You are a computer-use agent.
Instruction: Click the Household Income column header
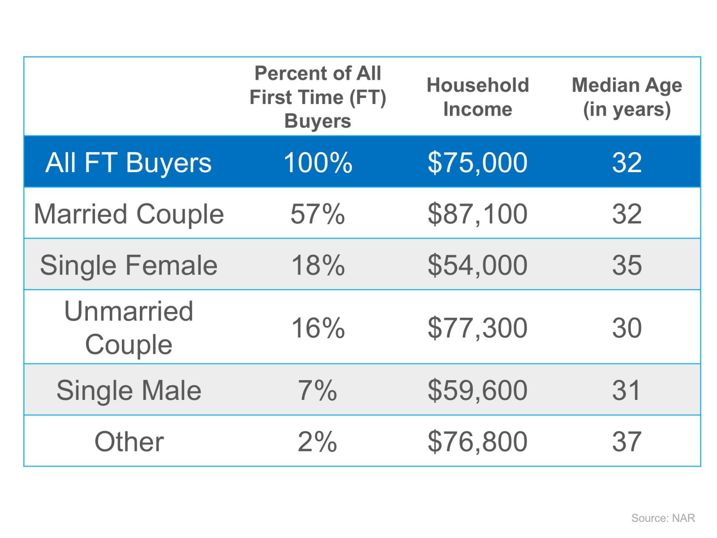tap(478, 97)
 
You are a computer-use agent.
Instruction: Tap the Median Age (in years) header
tap(626, 97)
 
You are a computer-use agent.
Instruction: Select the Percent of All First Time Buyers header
tap(318, 97)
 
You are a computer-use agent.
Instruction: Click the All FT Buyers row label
tap(129, 162)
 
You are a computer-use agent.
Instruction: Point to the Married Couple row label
tap(129, 214)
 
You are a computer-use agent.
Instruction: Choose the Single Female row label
tap(129, 265)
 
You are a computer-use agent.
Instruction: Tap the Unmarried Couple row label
tap(129, 328)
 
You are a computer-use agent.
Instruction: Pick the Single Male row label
tap(129, 390)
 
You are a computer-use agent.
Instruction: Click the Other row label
tap(129, 442)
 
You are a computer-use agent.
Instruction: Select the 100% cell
tap(318, 162)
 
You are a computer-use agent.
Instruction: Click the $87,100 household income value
tap(478, 214)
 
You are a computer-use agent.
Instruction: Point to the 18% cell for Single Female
tap(318, 265)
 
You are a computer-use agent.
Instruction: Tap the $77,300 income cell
tap(478, 328)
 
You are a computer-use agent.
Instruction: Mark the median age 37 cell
tap(626, 442)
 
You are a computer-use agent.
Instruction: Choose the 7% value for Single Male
tap(318, 390)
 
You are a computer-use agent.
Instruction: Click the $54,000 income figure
tap(478, 265)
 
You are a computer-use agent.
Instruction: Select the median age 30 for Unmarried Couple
tap(626, 328)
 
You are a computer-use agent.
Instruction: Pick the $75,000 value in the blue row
tap(478, 162)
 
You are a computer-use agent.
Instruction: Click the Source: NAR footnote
tap(663, 518)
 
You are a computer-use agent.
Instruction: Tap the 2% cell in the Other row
tap(318, 442)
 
